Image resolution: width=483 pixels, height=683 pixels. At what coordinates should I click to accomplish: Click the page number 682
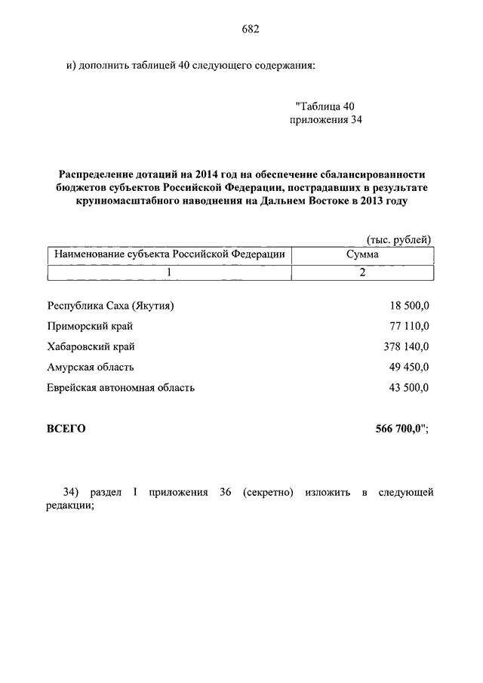[x=251, y=29]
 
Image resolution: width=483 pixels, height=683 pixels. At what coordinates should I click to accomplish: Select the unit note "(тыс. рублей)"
[x=398, y=239]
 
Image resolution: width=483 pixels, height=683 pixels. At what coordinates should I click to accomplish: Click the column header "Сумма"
[x=362, y=255]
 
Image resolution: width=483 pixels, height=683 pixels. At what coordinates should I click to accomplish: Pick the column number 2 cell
[x=362, y=272]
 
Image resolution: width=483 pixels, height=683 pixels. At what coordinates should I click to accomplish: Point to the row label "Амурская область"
[x=91, y=367]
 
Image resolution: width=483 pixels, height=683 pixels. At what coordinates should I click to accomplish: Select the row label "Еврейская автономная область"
[x=121, y=387]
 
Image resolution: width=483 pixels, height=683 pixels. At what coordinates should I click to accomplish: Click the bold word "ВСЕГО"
[x=66, y=429]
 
